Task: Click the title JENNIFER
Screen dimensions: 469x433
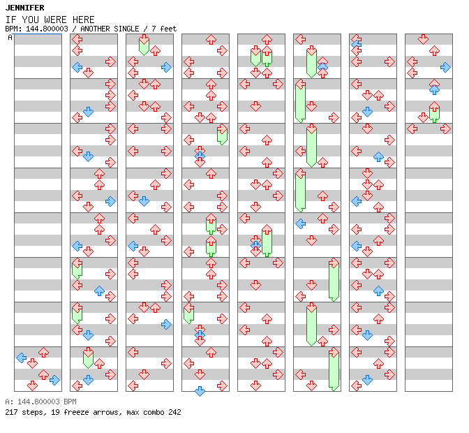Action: [x=25, y=8]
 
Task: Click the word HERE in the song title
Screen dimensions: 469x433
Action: [x=84, y=20]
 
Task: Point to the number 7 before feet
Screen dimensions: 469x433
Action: [x=154, y=29]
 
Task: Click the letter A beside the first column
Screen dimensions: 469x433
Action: [x=10, y=38]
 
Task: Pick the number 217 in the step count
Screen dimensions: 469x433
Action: [x=11, y=412]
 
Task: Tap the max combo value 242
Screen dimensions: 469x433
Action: [x=174, y=412]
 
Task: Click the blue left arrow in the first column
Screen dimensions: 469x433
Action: [x=22, y=358]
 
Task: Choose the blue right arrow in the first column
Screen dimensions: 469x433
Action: [x=54, y=380]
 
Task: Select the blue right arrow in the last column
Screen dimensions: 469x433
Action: [x=445, y=67]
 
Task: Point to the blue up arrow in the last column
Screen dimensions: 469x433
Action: [x=434, y=89]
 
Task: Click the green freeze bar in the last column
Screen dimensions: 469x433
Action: [x=434, y=114]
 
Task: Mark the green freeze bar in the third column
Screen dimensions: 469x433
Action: [x=144, y=46]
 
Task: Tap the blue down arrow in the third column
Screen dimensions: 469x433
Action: [x=144, y=201]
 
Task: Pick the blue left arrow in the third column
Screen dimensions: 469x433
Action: [x=133, y=246]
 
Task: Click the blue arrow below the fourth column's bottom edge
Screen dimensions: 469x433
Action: [x=200, y=391]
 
